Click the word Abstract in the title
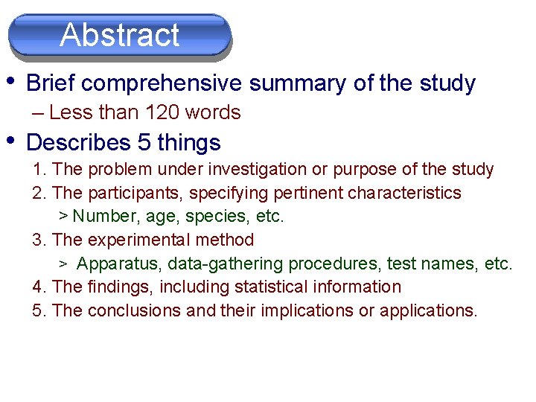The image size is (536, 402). tap(120, 35)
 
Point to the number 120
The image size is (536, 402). tap(163, 112)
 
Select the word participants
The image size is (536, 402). tap(130, 194)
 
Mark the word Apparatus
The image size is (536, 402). tap(119, 264)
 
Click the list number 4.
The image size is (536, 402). tap(37, 287)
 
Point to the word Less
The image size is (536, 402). tap(66, 112)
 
